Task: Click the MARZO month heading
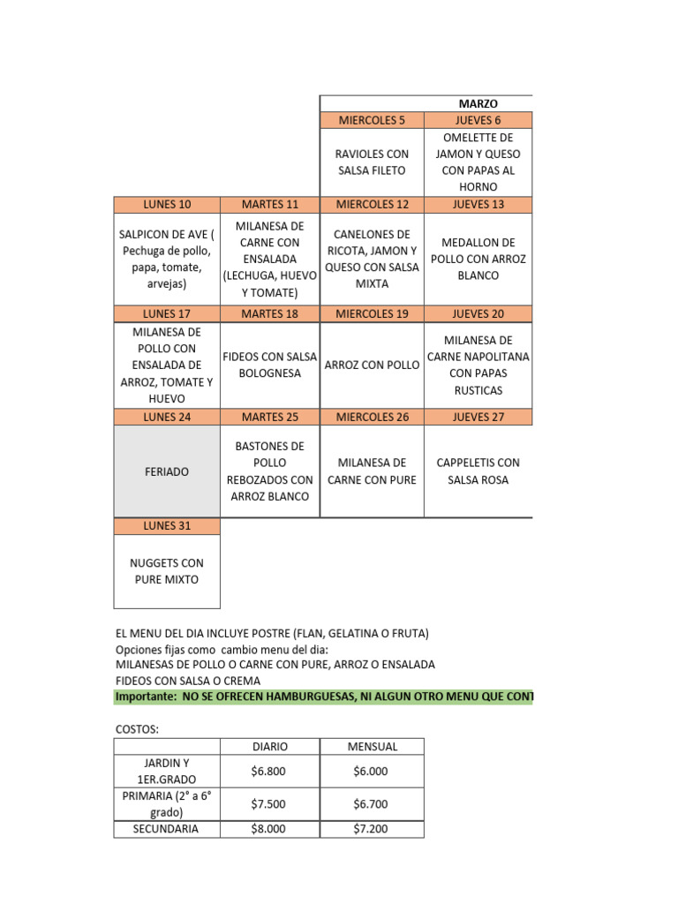478,104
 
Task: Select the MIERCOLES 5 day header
372,120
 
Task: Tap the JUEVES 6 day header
478,120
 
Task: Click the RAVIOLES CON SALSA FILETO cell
372,162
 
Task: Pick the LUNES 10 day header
167,205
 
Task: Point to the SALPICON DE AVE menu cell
167,259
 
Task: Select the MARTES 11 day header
270,205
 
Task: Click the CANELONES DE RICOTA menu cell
372,259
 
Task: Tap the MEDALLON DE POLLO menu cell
478,259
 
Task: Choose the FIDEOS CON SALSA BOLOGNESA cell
270,365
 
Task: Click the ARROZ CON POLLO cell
372,365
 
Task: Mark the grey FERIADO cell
167,471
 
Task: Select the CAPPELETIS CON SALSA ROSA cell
478,471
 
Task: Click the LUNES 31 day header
167,526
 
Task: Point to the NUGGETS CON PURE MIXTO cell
167,571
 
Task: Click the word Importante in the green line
145,697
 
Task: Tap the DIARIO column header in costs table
270,746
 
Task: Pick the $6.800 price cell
270,771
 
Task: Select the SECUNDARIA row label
166,829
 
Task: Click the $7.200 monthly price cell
372,829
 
